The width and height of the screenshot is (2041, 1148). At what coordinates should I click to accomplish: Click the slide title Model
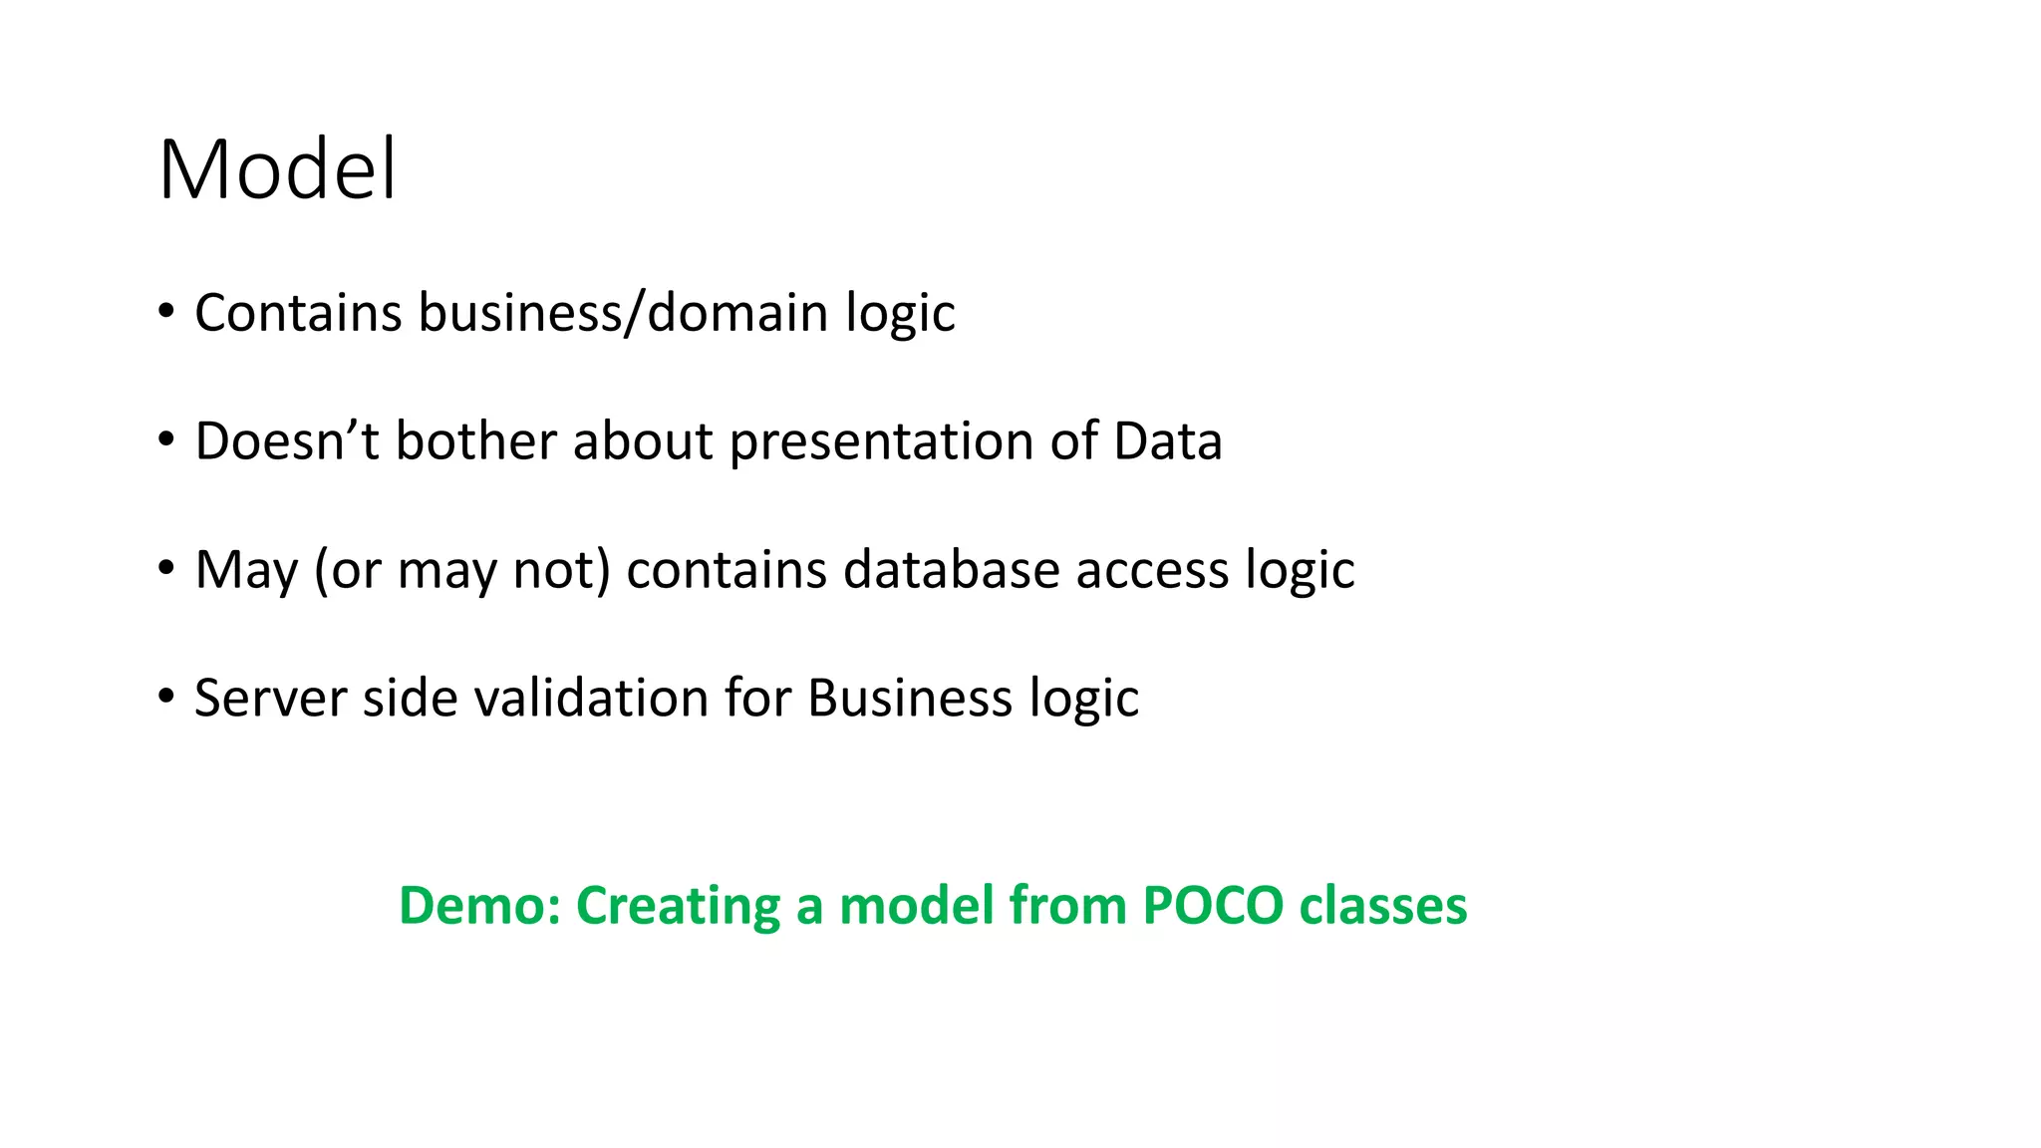[277, 169]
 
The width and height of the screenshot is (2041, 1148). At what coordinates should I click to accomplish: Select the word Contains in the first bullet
[297, 313]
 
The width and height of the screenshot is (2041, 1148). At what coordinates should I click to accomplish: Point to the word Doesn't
[287, 441]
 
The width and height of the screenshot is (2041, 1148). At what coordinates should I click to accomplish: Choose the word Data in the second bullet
[1167, 441]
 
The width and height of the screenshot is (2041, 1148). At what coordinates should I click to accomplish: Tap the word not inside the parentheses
[559, 570]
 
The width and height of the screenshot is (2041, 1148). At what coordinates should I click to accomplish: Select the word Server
[270, 698]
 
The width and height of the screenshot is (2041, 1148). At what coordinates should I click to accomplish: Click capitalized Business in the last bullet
[910, 698]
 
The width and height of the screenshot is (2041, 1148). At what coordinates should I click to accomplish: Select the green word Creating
[678, 906]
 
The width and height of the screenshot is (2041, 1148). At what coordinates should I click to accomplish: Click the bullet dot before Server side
[165, 696]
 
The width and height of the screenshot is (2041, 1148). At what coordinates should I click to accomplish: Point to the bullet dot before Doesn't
[165, 439]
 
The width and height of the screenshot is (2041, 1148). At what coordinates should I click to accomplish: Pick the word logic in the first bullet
[900, 313]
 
